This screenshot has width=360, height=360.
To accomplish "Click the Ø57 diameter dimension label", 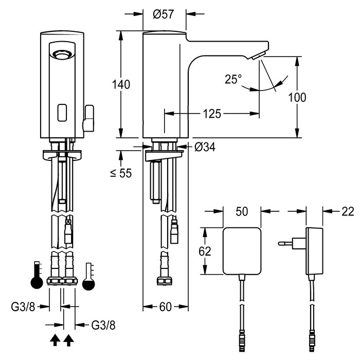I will [164, 14].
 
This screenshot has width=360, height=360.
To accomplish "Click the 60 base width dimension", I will [165, 308].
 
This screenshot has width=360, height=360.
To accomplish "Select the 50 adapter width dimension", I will [242, 210].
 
